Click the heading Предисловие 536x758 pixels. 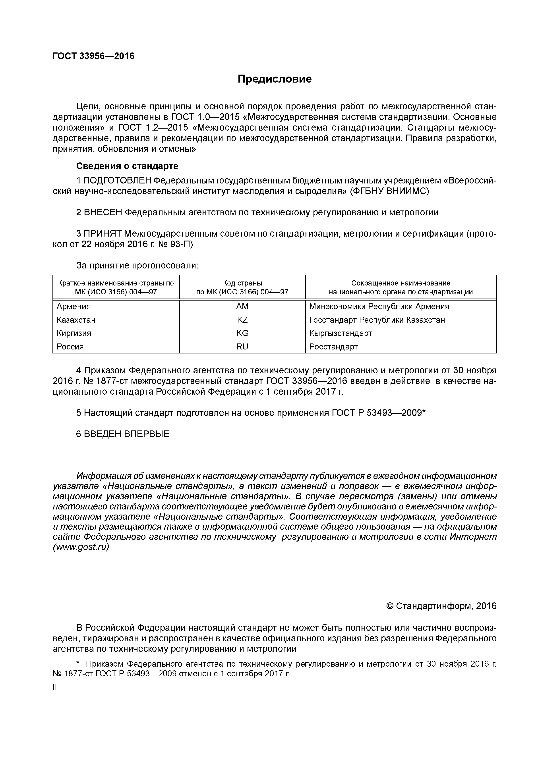[x=275, y=79]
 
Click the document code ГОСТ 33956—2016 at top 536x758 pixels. [x=93, y=56]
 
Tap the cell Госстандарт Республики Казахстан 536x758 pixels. [x=377, y=320]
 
